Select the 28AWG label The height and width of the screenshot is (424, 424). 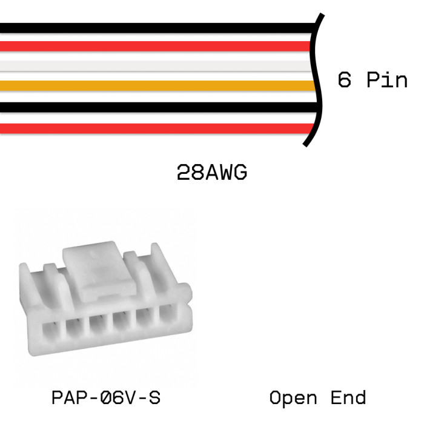212,173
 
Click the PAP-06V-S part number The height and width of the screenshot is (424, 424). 106,398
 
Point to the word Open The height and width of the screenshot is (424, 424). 293,398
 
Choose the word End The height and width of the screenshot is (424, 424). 348,398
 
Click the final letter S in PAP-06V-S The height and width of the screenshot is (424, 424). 154,398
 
